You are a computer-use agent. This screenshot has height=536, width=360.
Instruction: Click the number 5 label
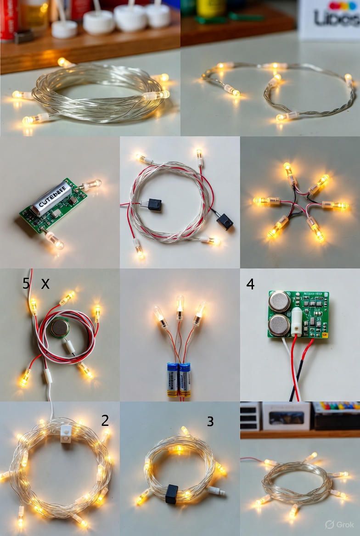click(26, 284)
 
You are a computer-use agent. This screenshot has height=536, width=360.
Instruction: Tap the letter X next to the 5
click(45, 284)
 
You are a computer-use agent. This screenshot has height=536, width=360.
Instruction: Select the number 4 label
click(250, 284)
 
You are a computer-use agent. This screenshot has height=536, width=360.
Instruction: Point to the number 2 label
click(105, 420)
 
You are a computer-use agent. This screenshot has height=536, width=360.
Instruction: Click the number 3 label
click(210, 421)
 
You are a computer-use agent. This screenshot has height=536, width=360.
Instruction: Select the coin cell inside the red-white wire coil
click(60, 328)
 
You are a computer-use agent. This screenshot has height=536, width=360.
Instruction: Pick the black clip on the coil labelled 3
click(172, 494)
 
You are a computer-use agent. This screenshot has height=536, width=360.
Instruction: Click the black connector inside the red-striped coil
click(154, 204)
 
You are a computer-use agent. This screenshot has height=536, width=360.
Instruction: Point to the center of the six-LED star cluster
click(299, 205)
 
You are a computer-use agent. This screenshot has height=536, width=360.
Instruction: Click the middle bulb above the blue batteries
click(180, 306)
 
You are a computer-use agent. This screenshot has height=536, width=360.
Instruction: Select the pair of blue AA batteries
click(178, 379)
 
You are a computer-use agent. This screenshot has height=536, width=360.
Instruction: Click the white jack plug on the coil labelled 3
click(216, 491)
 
